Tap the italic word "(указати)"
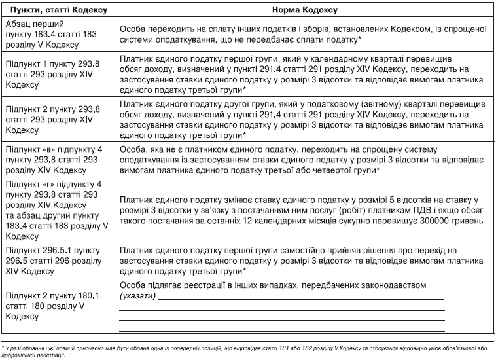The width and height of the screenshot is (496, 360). point(136,297)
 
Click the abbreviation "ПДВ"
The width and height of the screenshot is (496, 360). point(399,209)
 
